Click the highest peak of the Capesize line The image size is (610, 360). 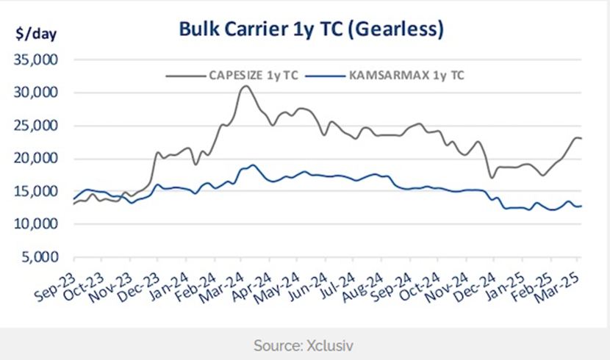[x=245, y=86]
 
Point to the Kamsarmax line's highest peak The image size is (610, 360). [x=253, y=165]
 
